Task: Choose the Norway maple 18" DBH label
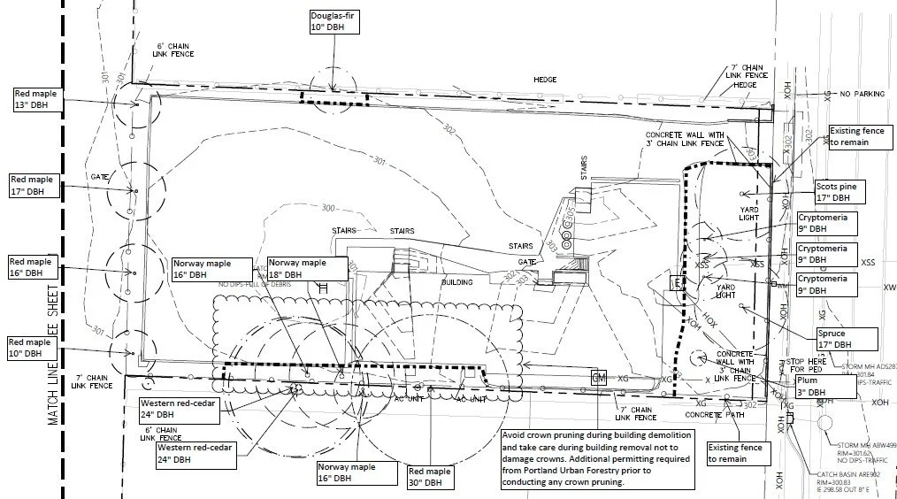[x=297, y=268]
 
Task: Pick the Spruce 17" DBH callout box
[x=847, y=339]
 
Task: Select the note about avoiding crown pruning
[x=597, y=458]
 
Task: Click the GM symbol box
[x=599, y=378]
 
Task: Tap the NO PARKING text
[x=862, y=94]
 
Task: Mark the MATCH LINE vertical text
[x=54, y=354]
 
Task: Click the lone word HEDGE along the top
[x=545, y=80]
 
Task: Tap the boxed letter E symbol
[x=677, y=283]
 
